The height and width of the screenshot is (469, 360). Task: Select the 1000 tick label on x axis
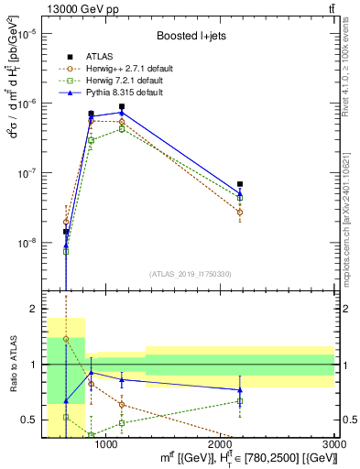106,444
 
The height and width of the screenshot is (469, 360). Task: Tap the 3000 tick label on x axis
333,444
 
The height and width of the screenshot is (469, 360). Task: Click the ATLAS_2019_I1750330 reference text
189,274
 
